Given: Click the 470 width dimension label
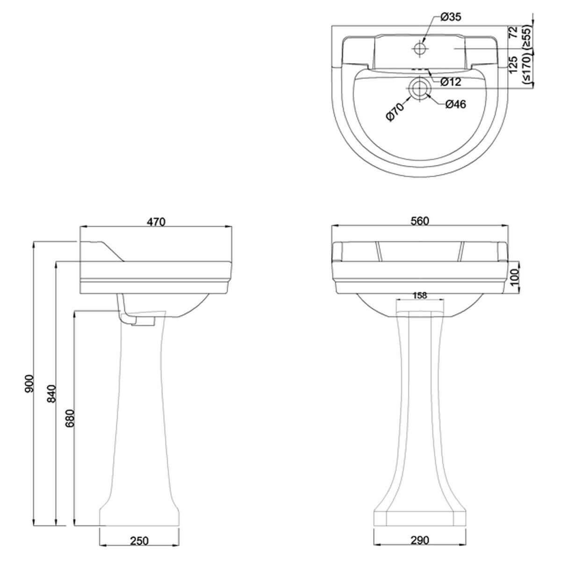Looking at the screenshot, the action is click(x=156, y=222).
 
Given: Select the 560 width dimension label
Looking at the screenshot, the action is click(x=420, y=221).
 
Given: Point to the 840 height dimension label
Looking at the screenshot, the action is click(x=51, y=393).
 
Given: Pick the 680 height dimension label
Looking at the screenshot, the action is click(x=70, y=418).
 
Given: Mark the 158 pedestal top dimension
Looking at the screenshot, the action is click(x=420, y=296).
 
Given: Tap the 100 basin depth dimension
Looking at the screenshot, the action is click(x=515, y=277).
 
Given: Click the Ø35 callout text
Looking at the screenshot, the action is click(x=451, y=17).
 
